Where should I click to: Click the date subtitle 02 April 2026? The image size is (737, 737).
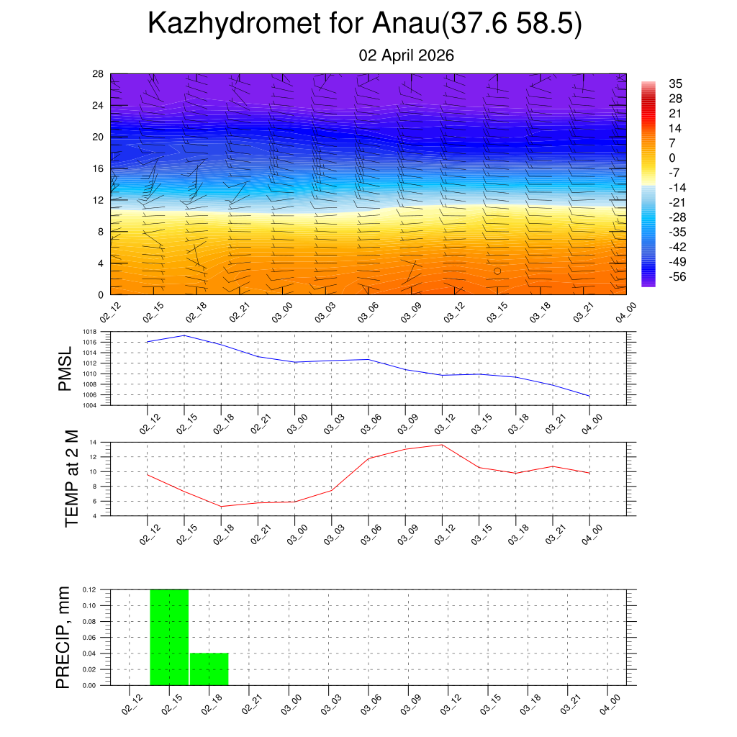(x=406, y=55)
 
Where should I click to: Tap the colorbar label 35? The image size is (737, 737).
(x=675, y=83)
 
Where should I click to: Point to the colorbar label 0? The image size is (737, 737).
(x=672, y=158)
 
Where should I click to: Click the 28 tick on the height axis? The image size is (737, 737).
(x=98, y=74)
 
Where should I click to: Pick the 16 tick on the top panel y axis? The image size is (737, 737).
(x=98, y=168)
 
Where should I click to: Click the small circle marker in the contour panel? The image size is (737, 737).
(x=497, y=271)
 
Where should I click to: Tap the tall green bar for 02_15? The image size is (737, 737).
(x=169, y=637)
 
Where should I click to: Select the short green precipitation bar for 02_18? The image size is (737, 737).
(x=209, y=669)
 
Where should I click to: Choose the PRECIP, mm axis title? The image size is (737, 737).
(x=64, y=637)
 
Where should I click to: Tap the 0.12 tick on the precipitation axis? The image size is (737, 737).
(x=89, y=589)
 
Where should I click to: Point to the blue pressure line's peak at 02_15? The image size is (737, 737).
(x=184, y=335)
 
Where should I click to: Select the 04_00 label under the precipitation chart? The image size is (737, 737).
(x=610, y=702)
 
